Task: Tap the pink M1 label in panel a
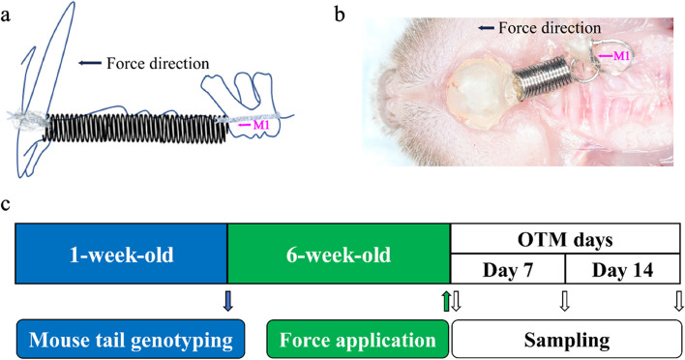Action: (250, 123)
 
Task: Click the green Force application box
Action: (358, 339)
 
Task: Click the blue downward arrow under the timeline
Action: (227, 300)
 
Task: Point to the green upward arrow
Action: (446, 300)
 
